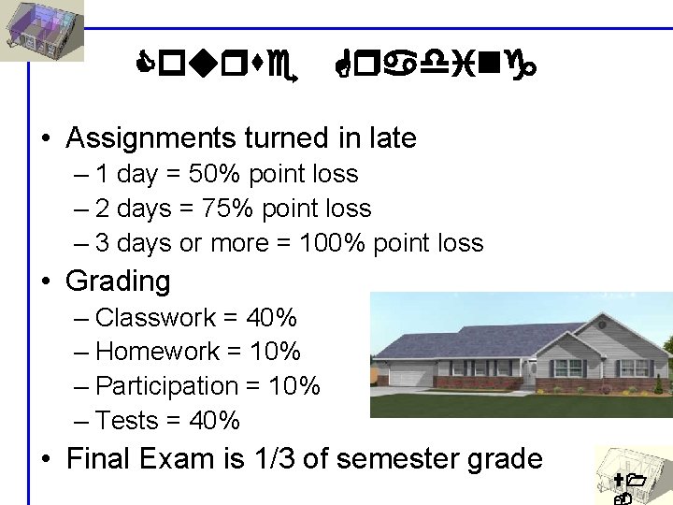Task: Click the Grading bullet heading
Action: pyautogui.click(x=118, y=281)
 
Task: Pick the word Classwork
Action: pyautogui.click(x=155, y=318)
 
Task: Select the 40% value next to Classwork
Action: pyautogui.click(x=272, y=318)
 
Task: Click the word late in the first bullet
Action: pyautogui.click(x=391, y=138)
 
